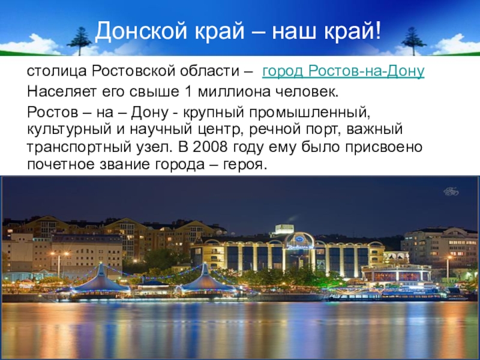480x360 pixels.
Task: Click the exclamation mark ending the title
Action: coord(378,31)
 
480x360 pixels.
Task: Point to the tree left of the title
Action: coord(79,41)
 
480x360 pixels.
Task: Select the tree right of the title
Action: coord(413,41)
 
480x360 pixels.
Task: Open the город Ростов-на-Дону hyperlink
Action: coord(343,71)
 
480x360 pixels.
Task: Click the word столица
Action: coord(57,71)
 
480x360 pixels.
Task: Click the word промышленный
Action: coord(310,113)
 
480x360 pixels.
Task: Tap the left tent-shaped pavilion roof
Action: coord(101,280)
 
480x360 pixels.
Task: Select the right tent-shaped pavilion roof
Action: coord(205,280)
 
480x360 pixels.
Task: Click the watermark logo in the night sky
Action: coord(451,191)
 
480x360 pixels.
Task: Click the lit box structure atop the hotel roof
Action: coord(284,229)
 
